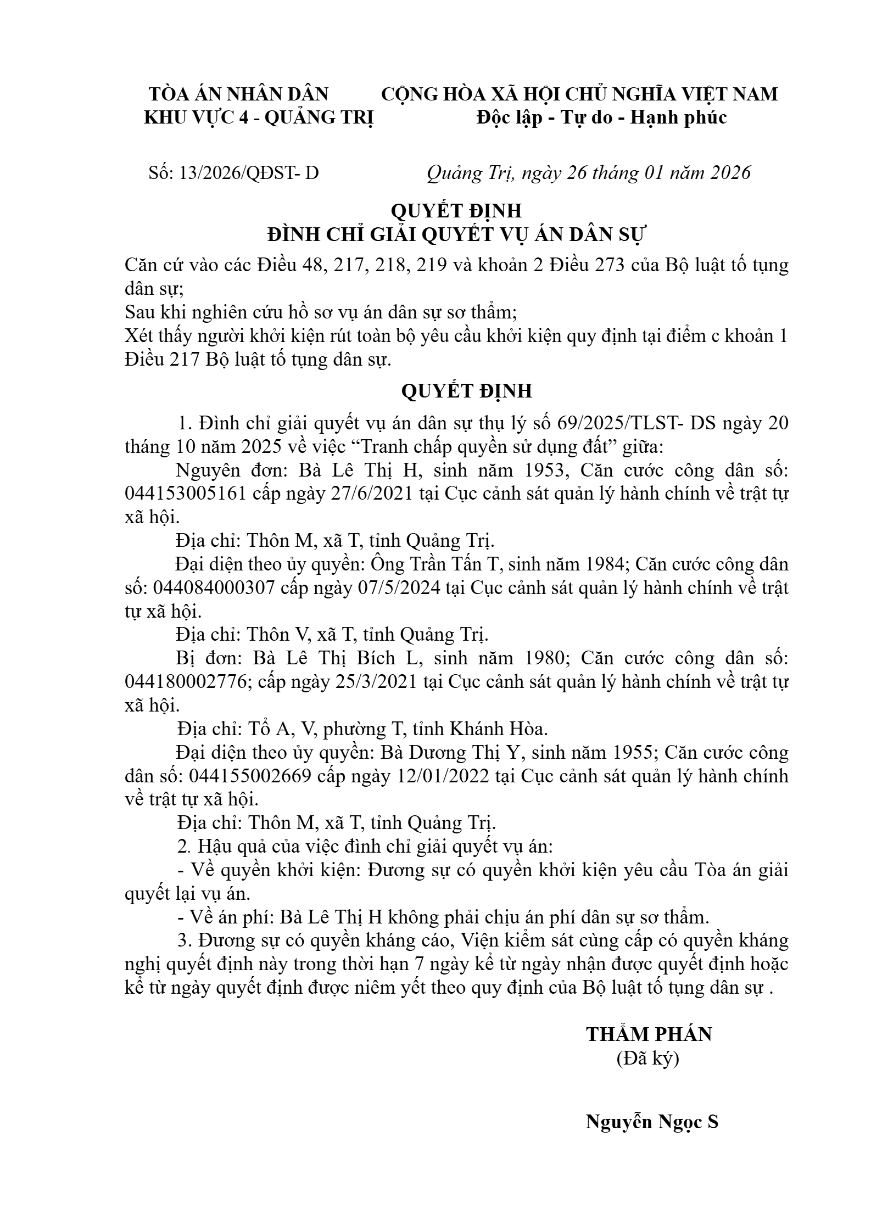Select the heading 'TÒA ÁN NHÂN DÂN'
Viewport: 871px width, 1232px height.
(x=239, y=94)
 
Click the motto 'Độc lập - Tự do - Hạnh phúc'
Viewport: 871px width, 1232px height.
(x=601, y=117)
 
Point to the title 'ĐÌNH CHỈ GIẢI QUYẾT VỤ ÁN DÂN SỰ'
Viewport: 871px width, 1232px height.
(x=458, y=235)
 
